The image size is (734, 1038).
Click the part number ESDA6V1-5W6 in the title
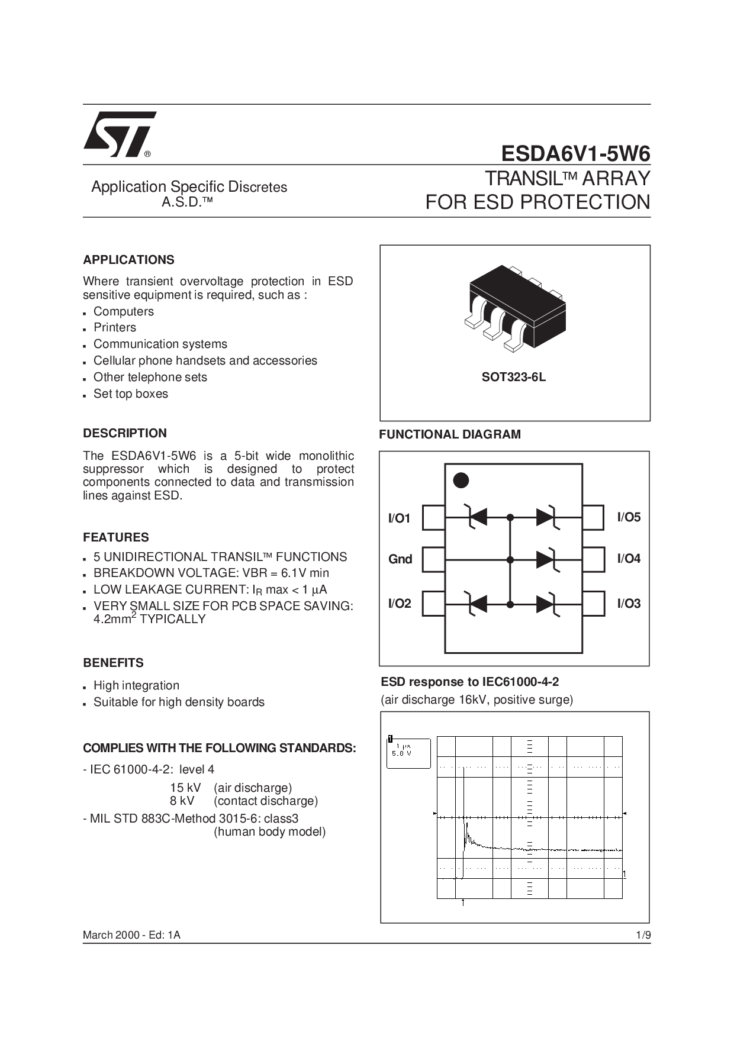click(575, 154)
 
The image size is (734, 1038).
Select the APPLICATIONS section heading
click(128, 260)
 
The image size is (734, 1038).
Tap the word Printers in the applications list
click(115, 327)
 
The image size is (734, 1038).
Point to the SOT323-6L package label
click(513, 377)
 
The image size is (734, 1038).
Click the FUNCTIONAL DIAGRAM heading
click(450, 434)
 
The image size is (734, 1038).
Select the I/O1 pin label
click(399, 518)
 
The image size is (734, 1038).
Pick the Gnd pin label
click(400, 559)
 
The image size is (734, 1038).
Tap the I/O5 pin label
click(629, 517)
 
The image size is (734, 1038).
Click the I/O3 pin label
click(629, 604)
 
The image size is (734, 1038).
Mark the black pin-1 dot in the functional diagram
click(461, 480)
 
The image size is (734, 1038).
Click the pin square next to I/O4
click(594, 559)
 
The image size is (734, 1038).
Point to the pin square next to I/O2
click(433, 604)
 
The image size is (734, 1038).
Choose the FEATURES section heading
click(116, 537)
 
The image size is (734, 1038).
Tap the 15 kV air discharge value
click(185, 788)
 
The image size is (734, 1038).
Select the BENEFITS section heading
click(113, 663)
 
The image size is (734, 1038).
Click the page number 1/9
click(643, 935)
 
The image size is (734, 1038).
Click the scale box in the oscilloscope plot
click(408, 753)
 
